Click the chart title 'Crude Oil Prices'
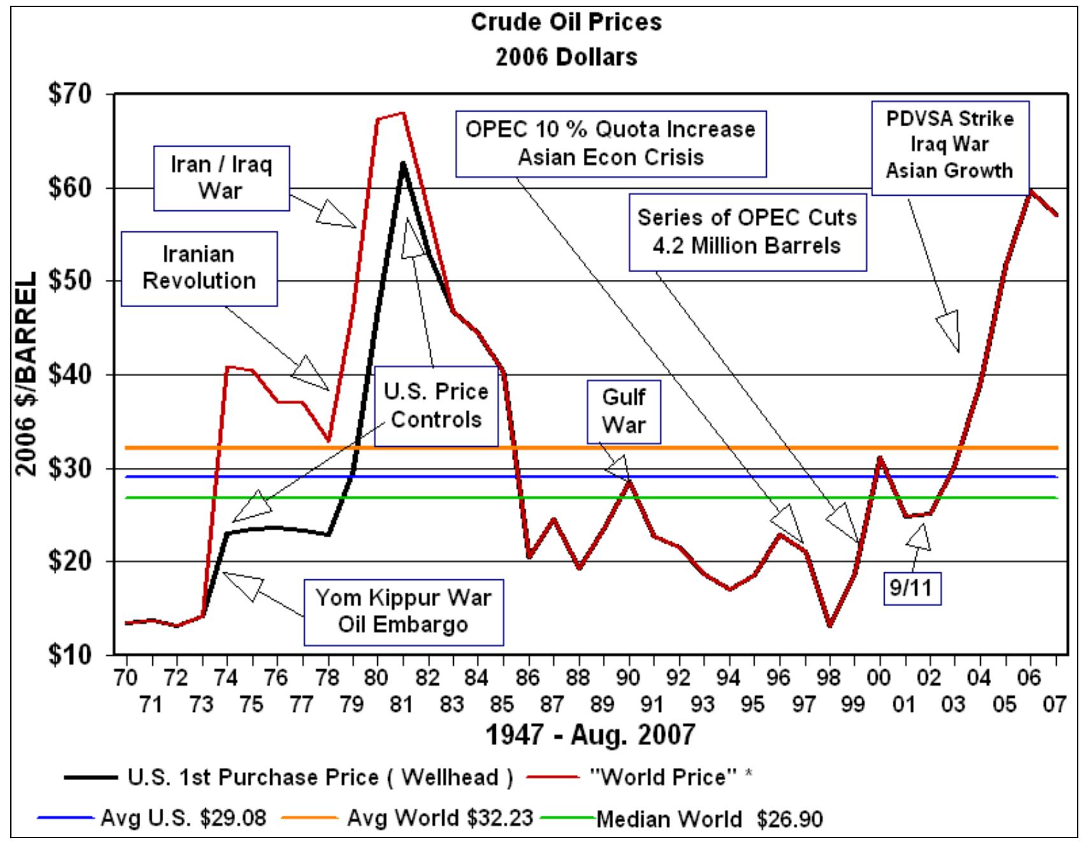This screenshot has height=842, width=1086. pyautogui.click(x=566, y=22)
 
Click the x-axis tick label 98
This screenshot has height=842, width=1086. pyautogui.click(x=829, y=678)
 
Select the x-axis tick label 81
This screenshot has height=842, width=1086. pyautogui.click(x=402, y=704)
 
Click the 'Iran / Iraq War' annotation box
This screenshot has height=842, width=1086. pyautogui.click(x=221, y=178)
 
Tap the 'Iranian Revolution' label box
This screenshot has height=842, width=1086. pyautogui.click(x=199, y=268)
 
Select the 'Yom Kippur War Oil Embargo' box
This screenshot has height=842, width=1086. pyautogui.click(x=403, y=611)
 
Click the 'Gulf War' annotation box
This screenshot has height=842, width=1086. pyautogui.click(x=624, y=411)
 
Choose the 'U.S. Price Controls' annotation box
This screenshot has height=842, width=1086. pyautogui.click(x=436, y=405)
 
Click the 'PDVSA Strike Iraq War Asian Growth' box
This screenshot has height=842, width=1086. pyautogui.click(x=950, y=146)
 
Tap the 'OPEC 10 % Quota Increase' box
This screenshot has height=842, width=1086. pyautogui.click(x=610, y=143)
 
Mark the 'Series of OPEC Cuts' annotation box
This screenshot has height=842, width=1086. pyautogui.click(x=747, y=231)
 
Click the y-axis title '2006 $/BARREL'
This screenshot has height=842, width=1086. pyautogui.click(x=25, y=375)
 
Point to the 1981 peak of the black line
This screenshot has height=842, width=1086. pyautogui.click(x=402, y=163)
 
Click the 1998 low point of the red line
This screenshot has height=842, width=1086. pyautogui.click(x=829, y=625)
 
